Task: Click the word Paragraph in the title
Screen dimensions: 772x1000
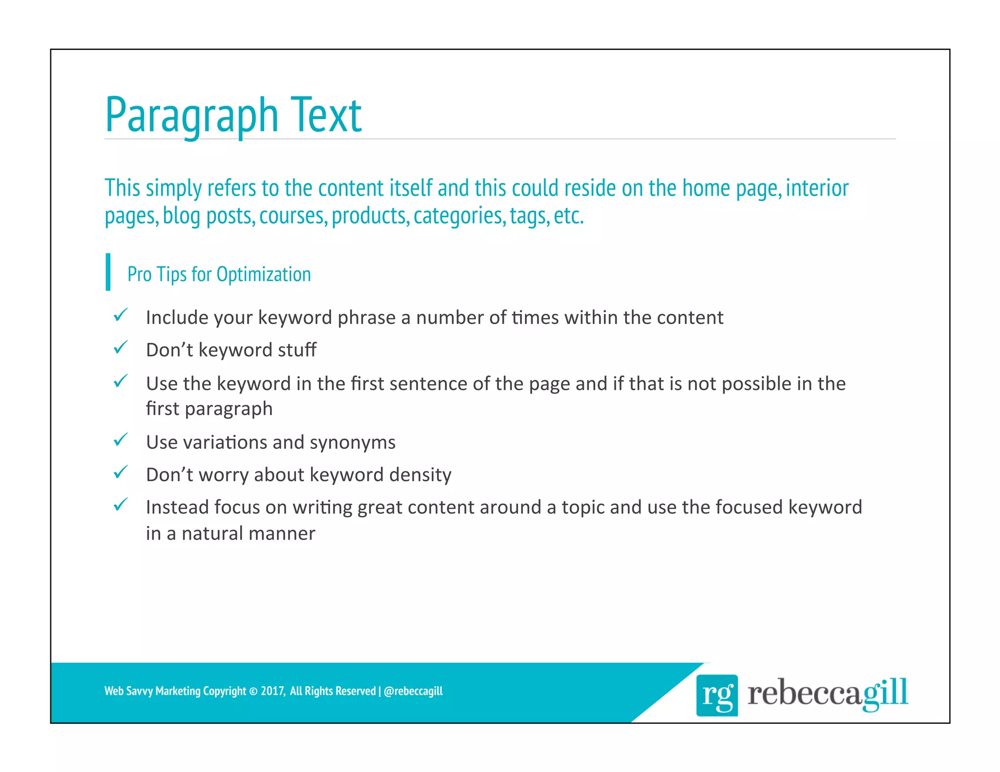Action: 191,116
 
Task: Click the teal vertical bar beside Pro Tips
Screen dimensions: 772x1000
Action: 108,272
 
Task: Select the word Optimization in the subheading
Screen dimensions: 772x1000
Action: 264,274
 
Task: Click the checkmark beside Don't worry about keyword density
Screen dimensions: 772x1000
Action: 121,472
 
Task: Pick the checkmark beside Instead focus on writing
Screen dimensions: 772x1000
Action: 121,505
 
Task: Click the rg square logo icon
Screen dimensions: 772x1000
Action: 717,695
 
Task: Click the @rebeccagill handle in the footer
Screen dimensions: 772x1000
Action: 413,691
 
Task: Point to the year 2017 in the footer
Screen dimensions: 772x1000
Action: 272,691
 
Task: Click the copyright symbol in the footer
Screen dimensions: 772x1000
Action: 253,691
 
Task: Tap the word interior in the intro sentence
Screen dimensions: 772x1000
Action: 817,188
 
